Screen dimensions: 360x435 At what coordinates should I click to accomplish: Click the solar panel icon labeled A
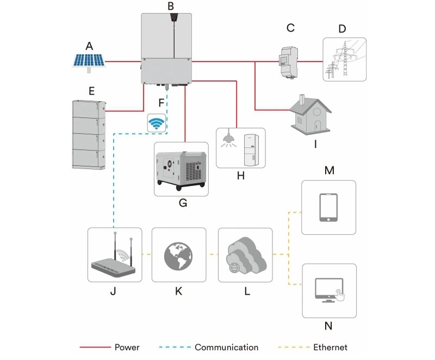coord(89,61)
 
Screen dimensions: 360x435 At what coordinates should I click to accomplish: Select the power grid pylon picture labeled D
coord(344,59)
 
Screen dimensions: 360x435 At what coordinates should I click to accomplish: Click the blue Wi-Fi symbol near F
coord(157,123)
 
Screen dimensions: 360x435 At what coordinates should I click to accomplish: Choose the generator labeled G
coord(181,169)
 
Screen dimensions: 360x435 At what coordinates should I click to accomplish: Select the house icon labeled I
coord(310,114)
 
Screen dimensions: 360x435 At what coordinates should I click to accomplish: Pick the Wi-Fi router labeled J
coord(114,256)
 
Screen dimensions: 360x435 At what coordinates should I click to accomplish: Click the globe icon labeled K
coord(179,255)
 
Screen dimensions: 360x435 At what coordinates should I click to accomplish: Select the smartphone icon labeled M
coord(328,207)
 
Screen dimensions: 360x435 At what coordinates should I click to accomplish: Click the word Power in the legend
coord(127,347)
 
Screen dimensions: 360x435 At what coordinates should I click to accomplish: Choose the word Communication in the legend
coord(226,347)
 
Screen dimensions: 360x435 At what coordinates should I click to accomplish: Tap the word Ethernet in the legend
coord(330,347)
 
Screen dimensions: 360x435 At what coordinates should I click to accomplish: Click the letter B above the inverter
coord(171,7)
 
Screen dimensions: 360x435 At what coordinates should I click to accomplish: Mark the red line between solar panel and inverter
coord(122,62)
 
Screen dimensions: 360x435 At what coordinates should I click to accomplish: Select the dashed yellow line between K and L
coord(212,254)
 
